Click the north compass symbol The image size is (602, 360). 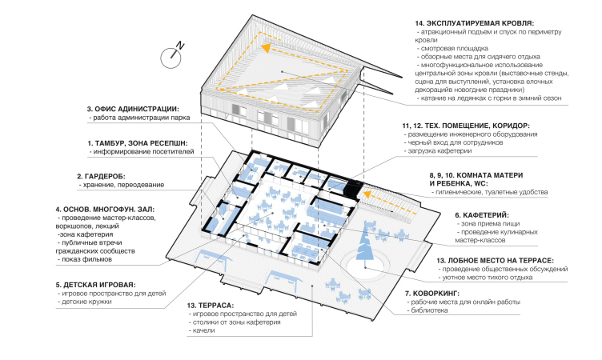coord(171,57)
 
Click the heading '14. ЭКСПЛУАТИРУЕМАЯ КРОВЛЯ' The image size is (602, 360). coord(474,23)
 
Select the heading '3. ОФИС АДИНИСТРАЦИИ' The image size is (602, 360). coord(133,109)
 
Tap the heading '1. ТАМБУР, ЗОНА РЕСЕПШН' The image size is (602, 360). coord(138,143)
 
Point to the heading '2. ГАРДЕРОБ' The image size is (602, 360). coord(101,177)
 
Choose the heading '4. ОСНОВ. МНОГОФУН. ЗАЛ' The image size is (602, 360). coord(105,210)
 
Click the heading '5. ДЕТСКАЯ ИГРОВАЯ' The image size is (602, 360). coord(95,285)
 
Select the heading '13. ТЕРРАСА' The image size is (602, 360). coord(211,306)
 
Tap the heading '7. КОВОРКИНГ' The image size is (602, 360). coord(432,294)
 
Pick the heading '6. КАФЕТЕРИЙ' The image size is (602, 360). coord(482,215)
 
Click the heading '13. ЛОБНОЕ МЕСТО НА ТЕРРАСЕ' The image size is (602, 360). coord(495,261)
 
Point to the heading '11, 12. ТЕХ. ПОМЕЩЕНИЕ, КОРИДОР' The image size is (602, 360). coord(466,126)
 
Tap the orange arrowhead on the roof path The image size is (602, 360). coord(265,47)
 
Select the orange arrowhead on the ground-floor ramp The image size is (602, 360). coord(367,194)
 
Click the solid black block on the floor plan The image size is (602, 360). coord(353,189)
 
